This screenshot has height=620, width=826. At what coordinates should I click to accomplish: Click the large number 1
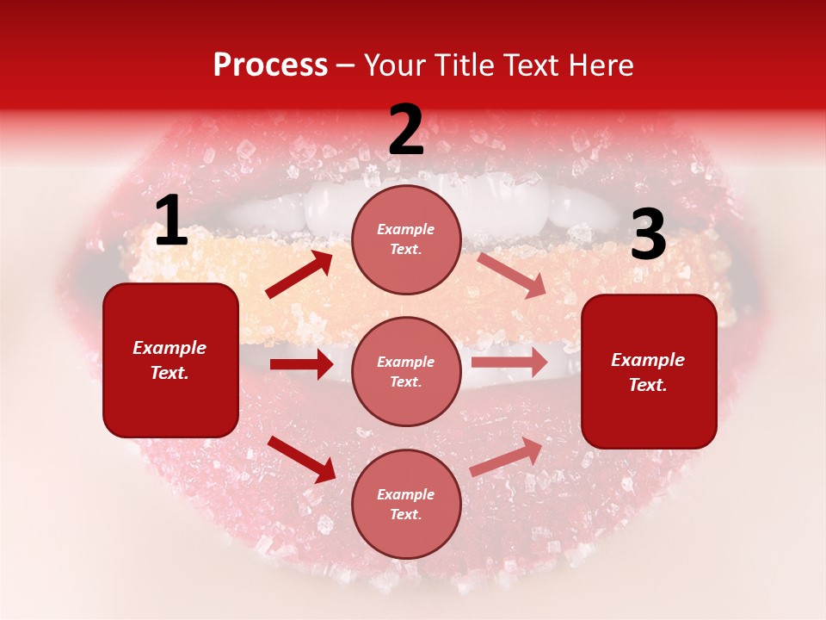point(171,221)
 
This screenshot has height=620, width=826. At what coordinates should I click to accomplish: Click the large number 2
point(406,130)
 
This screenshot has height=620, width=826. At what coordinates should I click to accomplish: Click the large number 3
point(648,235)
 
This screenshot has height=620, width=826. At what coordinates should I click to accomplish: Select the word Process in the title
point(270,65)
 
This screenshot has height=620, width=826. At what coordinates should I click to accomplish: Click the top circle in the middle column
point(406,239)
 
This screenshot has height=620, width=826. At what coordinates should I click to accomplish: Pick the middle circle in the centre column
point(406,371)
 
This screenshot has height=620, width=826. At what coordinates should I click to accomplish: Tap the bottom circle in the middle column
point(406,504)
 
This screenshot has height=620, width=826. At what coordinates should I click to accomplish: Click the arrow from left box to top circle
point(299,275)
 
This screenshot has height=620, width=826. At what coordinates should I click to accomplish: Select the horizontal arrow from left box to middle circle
point(301,364)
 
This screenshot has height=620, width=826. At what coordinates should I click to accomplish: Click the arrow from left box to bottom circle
point(301,459)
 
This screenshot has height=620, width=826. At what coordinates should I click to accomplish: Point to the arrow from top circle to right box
point(512,275)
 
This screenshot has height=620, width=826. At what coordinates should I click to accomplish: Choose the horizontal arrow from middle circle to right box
point(509,362)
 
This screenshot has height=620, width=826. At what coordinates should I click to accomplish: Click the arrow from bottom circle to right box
point(507,456)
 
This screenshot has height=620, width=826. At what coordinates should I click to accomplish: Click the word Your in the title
point(394,65)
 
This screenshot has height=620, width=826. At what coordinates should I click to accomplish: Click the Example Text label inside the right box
point(648,372)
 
